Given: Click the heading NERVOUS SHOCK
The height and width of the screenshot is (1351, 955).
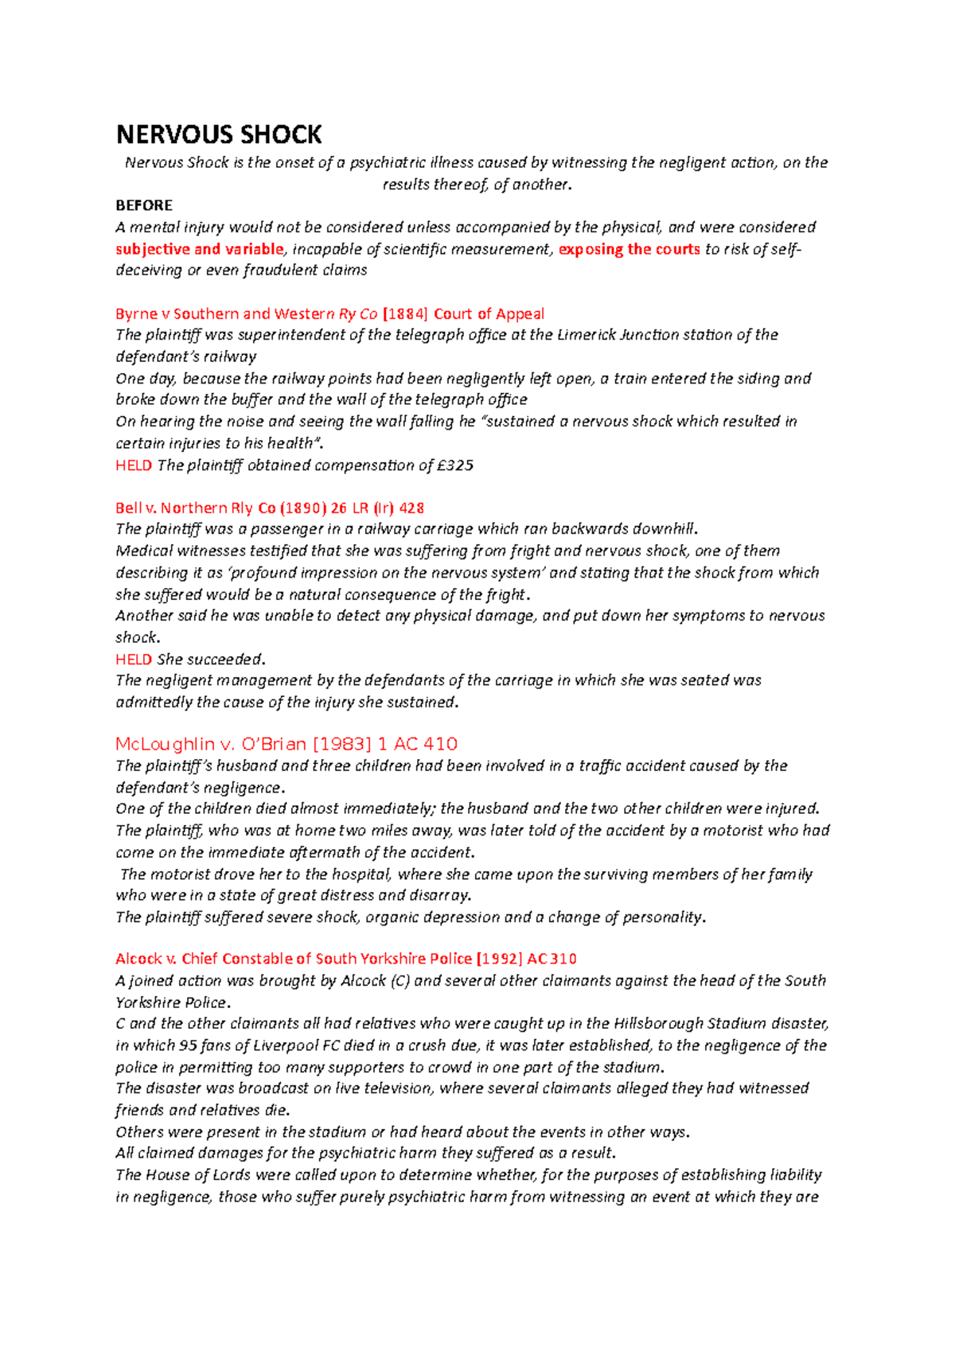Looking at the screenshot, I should pyautogui.click(x=219, y=134).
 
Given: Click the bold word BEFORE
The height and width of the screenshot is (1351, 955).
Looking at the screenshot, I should pyautogui.click(x=144, y=205).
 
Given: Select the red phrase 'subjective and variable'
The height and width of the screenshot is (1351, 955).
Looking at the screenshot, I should pyautogui.click(x=199, y=249).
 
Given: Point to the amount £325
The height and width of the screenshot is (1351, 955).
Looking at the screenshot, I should pyautogui.click(x=455, y=465).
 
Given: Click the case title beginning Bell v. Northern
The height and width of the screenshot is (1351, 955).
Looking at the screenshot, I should pyautogui.click(x=269, y=508).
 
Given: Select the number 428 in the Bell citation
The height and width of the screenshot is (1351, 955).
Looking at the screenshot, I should pyautogui.click(x=411, y=508).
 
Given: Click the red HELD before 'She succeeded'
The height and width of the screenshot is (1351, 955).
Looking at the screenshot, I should pyautogui.click(x=134, y=660).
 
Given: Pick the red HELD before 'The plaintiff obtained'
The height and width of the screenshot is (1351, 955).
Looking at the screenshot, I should pyautogui.click(x=134, y=465).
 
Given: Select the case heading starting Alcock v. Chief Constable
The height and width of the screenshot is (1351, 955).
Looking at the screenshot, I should pyautogui.click(x=345, y=959).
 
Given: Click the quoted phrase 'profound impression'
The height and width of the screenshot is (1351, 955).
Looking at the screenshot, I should pyautogui.click(x=306, y=573).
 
